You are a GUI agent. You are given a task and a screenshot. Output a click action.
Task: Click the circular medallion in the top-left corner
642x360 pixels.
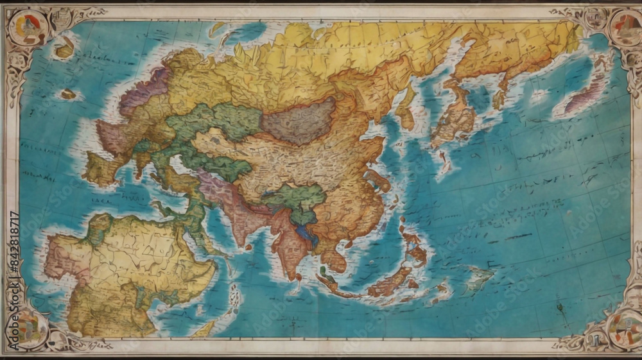pos(27,27)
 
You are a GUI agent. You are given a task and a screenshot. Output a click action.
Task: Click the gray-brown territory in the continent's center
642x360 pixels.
pos(299,120)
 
